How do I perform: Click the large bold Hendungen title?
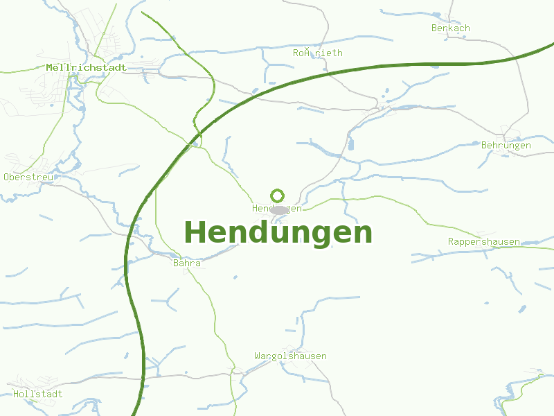[x=278, y=232]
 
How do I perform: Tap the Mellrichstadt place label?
[x=86, y=68]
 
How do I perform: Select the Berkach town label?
[x=450, y=28]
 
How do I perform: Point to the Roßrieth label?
[x=317, y=53]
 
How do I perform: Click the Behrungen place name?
[x=506, y=146]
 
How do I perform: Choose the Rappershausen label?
[x=483, y=241]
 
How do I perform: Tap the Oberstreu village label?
[x=28, y=177]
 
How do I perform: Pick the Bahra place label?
[x=186, y=263]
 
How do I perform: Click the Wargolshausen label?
[x=290, y=356]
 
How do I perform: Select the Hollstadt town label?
[x=37, y=394]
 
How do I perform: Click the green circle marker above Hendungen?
[x=278, y=196]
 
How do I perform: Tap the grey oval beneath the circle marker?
[x=278, y=209]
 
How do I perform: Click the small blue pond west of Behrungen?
[x=350, y=145]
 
